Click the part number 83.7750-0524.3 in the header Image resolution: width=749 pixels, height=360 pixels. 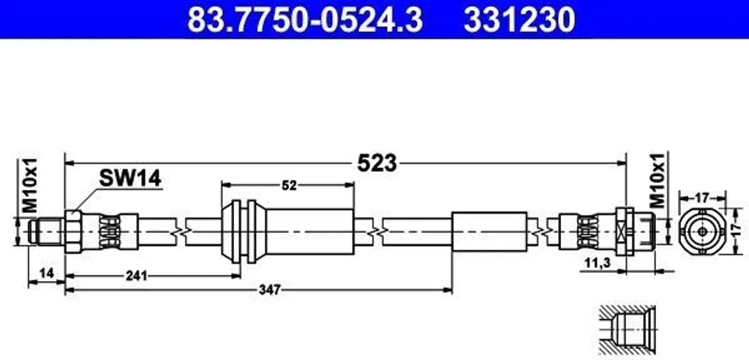tap(305, 20)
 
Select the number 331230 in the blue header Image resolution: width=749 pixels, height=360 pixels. tap(519, 20)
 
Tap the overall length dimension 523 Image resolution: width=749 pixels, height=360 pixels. tap(377, 163)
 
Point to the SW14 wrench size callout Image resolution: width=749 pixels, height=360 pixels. tap(130, 179)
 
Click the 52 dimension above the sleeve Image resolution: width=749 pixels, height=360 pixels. tap(289, 186)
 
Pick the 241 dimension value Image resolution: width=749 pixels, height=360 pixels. tap(136, 276)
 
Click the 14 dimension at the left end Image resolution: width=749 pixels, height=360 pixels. tap(46, 273)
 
